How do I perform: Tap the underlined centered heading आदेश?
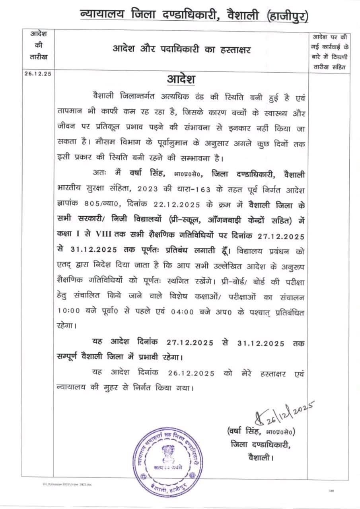coord(181,78)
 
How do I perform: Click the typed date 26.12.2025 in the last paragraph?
coord(191,373)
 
